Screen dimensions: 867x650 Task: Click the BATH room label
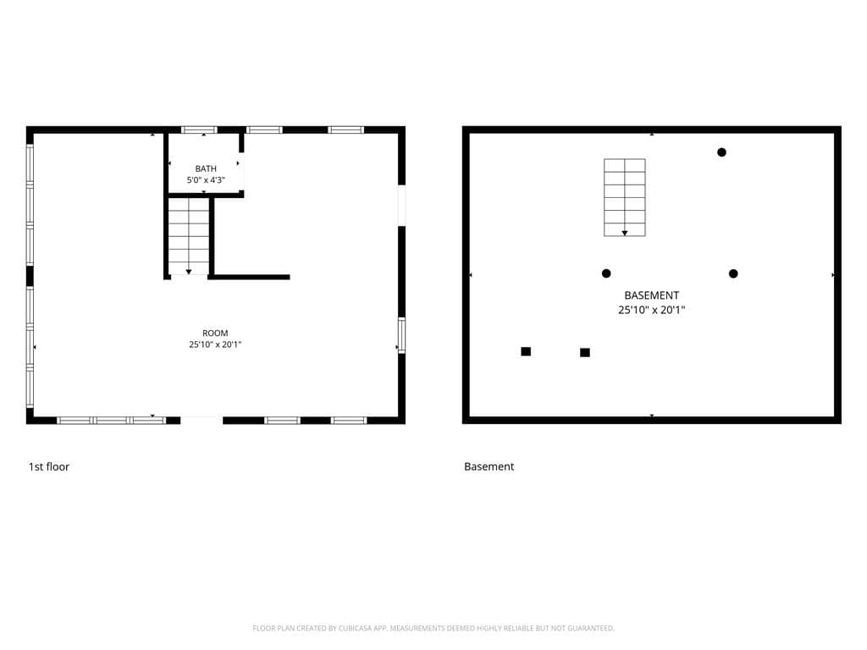pos(206,168)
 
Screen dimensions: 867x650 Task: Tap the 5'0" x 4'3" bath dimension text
pos(206,179)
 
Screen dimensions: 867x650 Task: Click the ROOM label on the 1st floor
pos(215,333)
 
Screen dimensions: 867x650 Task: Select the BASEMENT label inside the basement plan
pos(651,295)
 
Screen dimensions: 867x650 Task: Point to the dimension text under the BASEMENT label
pos(651,310)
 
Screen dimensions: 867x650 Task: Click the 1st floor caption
pos(48,466)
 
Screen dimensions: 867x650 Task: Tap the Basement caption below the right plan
pos(489,466)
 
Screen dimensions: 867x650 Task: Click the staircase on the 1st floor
pos(189,236)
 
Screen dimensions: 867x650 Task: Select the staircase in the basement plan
pos(624,197)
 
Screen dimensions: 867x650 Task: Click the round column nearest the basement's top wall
pos(721,152)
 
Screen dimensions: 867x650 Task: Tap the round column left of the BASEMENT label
pos(606,273)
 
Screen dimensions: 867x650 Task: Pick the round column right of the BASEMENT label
pos(733,273)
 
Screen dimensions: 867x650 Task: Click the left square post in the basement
pos(526,351)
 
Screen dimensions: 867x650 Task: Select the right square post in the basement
pos(585,353)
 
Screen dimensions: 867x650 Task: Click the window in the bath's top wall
pos(199,129)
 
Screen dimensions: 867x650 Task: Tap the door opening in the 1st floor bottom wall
pos(202,420)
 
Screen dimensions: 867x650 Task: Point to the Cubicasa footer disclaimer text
pos(433,628)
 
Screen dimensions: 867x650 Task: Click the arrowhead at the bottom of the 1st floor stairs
pos(189,272)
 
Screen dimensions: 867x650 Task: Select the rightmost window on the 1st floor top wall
pos(345,129)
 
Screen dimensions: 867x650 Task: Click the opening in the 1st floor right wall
pos(402,205)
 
